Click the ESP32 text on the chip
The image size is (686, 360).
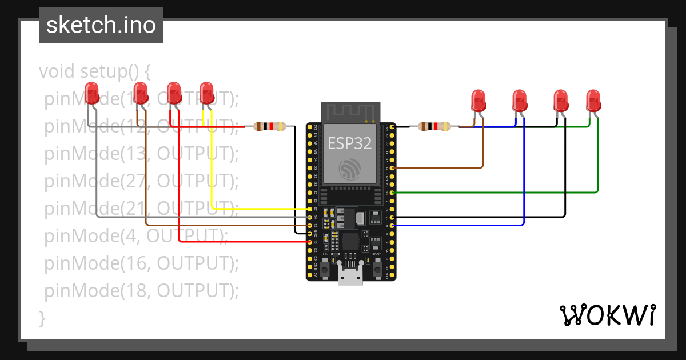click(x=350, y=143)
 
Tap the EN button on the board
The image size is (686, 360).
click(x=325, y=268)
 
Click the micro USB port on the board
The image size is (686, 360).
click(x=350, y=277)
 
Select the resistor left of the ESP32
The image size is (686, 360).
click(x=269, y=127)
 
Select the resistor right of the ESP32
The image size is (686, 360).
click(x=435, y=127)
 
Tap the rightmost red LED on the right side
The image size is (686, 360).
click(x=593, y=101)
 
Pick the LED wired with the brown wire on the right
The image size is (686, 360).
click(x=478, y=101)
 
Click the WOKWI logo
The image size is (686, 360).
click(x=607, y=315)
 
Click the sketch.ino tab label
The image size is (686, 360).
click(x=101, y=25)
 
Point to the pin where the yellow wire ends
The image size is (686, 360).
click(x=310, y=210)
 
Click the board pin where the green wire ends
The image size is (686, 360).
click(x=392, y=193)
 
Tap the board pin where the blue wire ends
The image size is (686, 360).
click(x=392, y=226)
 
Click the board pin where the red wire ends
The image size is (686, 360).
click(x=310, y=242)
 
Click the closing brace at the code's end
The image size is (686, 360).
click(x=42, y=318)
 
